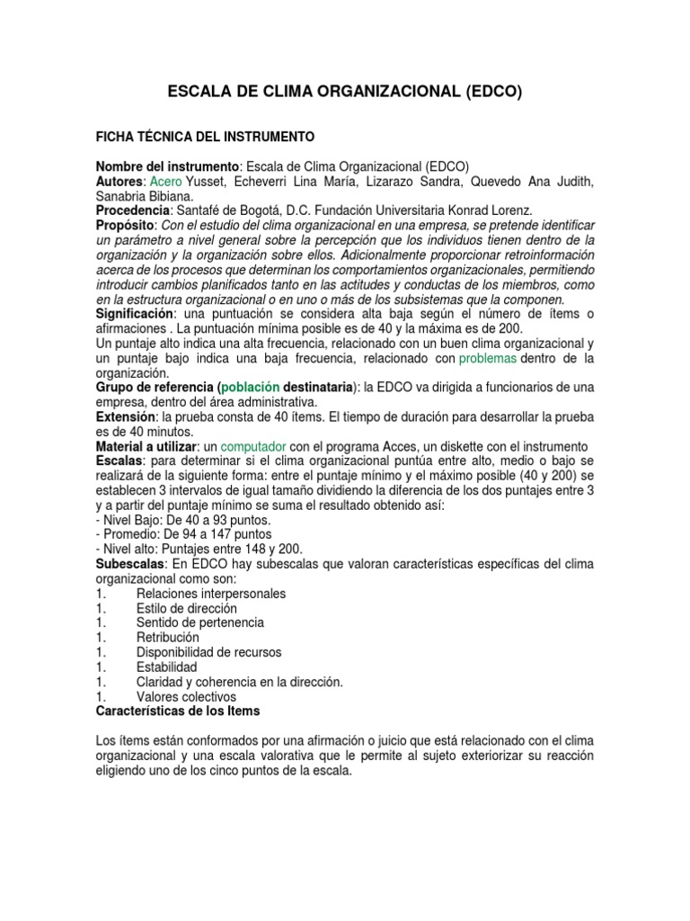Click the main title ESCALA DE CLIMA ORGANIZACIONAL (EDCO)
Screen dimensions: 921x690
click(x=345, y=92)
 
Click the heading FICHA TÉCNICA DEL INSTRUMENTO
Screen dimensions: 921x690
click(x=205, y=137)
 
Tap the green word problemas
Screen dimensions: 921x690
click(x=488, y=358)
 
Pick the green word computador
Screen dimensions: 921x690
click(x=253, y=446)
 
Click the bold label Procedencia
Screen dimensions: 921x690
click(x=132, y=211)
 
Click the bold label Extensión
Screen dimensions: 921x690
click(x=127, y=416)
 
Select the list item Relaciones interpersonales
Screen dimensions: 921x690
click(x=211, y=594)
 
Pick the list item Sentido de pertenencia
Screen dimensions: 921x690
click(x=200, y=622)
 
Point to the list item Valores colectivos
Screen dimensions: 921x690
click(x=186, y=696)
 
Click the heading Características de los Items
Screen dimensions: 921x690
click(x=177, y=711)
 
